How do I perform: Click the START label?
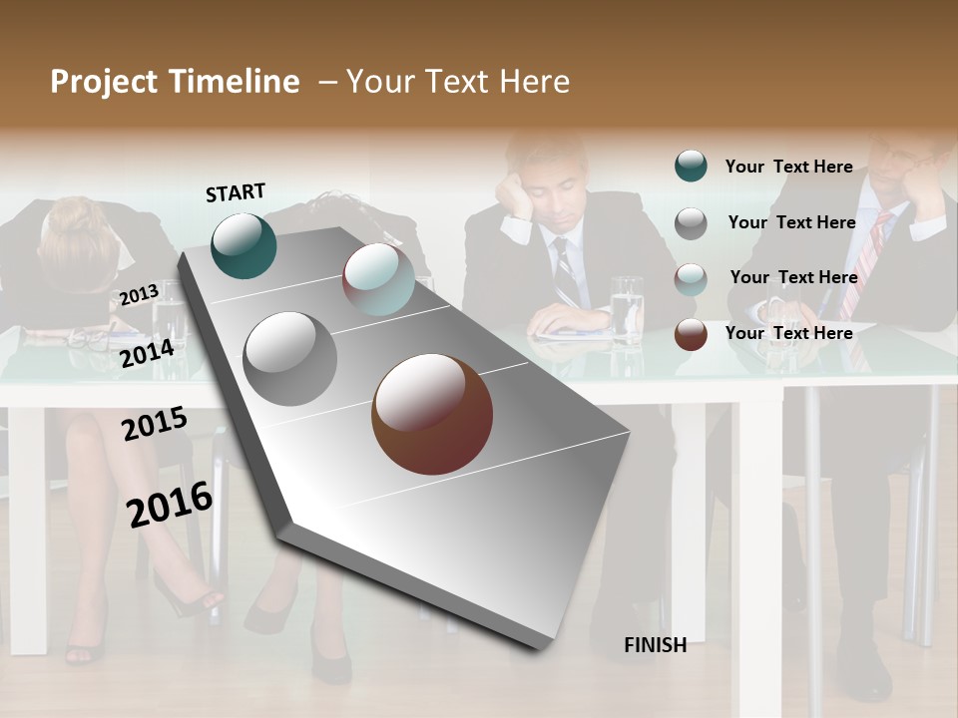click(x=236, y=192)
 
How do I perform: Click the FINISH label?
click(x=655, y=645)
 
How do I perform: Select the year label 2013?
click(x=139, y=294)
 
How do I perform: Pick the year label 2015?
click(x=155, y=424)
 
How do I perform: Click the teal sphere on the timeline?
click(x=243, y=245)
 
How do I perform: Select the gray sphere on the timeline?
click(x=290, y=359)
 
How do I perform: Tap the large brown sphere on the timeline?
click(x=432, y=414)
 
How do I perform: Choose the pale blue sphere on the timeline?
click(x=378, y=279)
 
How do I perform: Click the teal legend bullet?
click(x=691, y=167)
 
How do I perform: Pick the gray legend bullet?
click(x=691, y=223)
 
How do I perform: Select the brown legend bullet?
click(x=691, y=334)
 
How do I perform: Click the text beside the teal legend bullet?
click(x=788, y=167)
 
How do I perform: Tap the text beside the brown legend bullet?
click(x=788, y=333)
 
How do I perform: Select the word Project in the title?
click(x=103, y=82)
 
